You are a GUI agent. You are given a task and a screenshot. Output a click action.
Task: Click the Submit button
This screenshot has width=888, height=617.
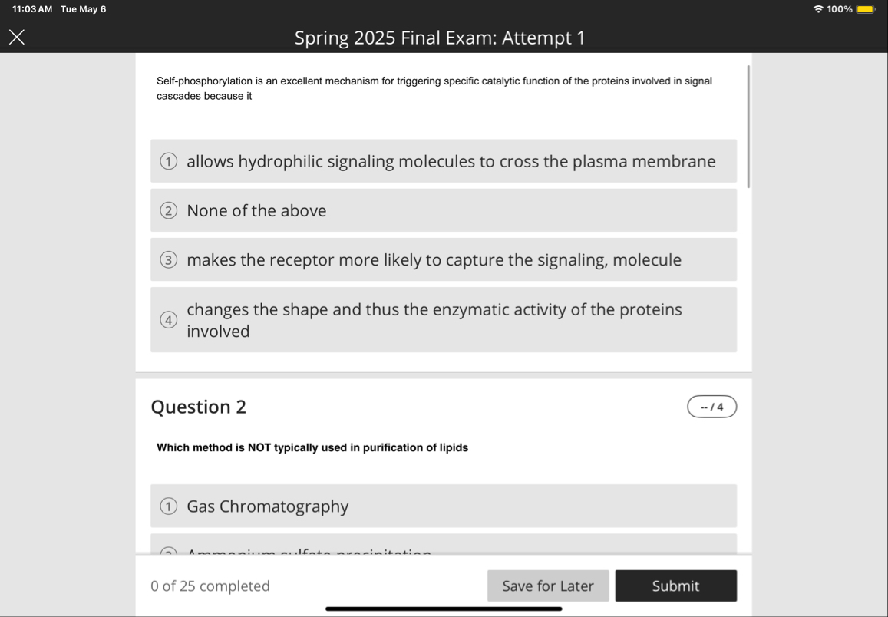[675, 586]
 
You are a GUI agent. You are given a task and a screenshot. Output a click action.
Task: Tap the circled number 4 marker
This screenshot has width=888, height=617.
[168, 321]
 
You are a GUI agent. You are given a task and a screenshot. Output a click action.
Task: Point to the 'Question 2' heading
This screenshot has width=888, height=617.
[199, 407]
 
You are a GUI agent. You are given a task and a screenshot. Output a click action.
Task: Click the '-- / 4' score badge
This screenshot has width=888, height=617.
[711, 407]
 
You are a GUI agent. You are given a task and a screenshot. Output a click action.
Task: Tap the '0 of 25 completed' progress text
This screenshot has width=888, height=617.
[210, 586]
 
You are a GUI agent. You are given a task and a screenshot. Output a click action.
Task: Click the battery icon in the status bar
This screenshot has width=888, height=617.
[865, 9]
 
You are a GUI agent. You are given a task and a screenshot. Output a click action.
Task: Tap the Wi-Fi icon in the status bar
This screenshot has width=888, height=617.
[818, 9]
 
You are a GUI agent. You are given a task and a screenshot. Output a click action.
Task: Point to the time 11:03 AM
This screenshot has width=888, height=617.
[32, 9]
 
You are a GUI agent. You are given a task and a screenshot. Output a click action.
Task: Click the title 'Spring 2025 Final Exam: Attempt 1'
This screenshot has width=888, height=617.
[439, 38]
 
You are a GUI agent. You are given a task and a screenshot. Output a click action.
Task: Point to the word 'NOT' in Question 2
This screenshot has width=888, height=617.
[259, 447]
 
